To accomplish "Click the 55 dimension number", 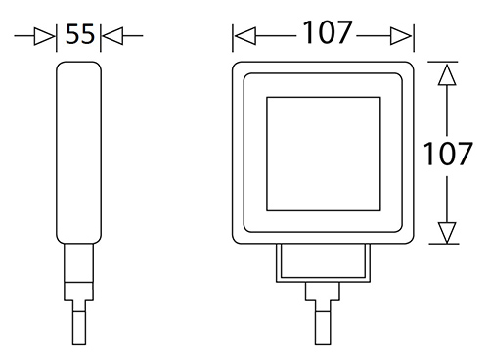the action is tap(80, 34).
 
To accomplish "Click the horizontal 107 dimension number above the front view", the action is tap(328, 32).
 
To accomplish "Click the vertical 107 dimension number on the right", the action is tap(447, 154).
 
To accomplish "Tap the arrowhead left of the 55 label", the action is tap(44, 36).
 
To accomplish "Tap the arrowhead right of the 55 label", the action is tap(112, 36).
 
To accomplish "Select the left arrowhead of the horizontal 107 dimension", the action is tap(245, 36).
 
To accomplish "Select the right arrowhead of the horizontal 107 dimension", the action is tap(401, 36).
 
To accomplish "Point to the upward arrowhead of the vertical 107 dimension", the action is tap(447, 75).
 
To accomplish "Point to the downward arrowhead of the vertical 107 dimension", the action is tap(447, 232).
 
